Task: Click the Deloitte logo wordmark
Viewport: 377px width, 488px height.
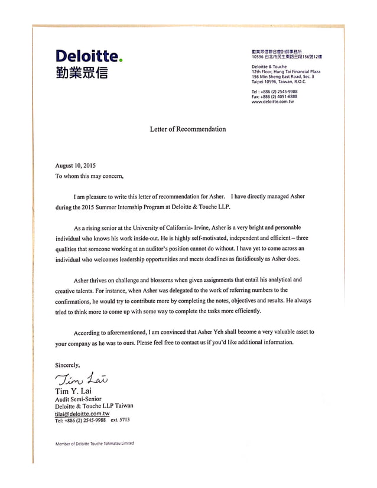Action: (x=87, y=57)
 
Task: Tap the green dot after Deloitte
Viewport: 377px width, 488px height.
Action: (x=121, y=60)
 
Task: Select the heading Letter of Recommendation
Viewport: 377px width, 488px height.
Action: (x=188, y=129)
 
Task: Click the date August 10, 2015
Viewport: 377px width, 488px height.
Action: (x=75, y=165)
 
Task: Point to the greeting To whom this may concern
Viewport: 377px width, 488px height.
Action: (x=90, y=175)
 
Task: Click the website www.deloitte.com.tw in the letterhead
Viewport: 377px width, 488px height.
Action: (x=272, y=102)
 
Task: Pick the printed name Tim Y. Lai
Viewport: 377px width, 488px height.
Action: (x=73, y=391)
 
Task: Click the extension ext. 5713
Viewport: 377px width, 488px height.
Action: (x=121, y=420)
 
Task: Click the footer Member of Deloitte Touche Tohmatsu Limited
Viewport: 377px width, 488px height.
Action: (x=95, y=443)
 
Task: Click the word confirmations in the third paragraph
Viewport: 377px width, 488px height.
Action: (x=74, y=301)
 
